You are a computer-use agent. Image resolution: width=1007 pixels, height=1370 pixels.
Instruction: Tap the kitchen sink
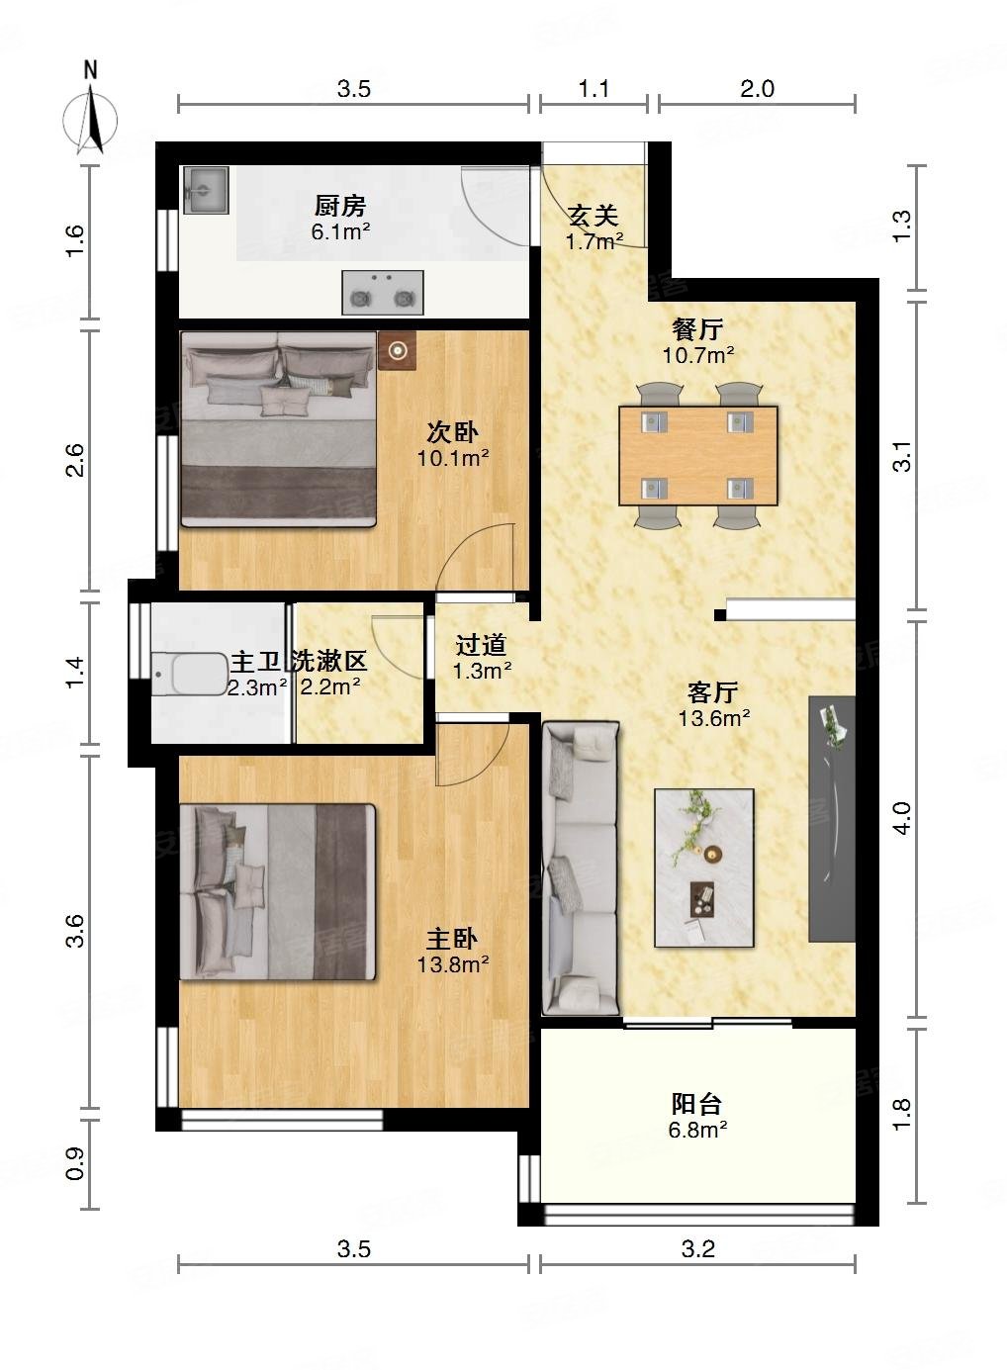(x=206, y=190)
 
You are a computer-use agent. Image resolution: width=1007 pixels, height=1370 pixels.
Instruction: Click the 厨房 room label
(x=340, y=206)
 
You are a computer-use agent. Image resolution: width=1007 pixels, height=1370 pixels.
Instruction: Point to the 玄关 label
(x=594, y=215)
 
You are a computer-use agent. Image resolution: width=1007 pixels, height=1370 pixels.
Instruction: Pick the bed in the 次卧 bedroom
(x=278, y=428)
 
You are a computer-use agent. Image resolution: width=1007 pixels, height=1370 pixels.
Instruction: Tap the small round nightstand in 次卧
(x=398, y=350)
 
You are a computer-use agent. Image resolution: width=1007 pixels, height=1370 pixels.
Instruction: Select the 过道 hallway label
(x=481, y=646)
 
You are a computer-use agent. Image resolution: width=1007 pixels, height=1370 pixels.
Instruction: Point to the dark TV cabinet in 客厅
(x=831, y=818)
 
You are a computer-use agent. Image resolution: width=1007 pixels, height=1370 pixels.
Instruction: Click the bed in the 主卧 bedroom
(x=278, y=891)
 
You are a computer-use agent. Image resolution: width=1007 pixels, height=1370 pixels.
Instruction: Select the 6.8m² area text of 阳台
(x=697, y=1130)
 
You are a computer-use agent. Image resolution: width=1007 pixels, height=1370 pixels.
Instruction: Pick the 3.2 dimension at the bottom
(x=697, y=1249)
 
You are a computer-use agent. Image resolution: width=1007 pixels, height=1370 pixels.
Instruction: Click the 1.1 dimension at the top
(x=594, y=89)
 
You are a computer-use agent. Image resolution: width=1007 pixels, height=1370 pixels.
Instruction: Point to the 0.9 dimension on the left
(x=76, y=1164)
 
